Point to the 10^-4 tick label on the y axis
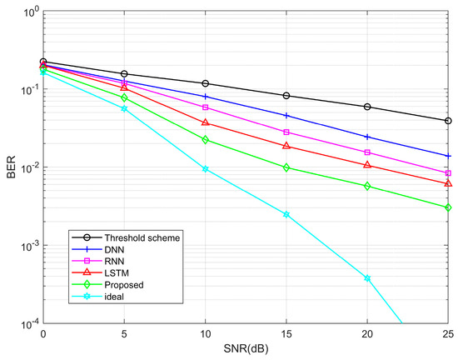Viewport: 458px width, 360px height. pyautogui.click(x=26, y=324)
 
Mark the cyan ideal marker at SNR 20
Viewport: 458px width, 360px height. pyautogui.click(x=367, y=278)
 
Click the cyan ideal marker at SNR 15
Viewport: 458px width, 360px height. pyautogui.click(x=286, y=215)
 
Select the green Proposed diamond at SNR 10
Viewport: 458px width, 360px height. pyautogui.click(x=205, y=140)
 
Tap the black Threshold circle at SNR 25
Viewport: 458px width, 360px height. pyautogui.click(x=448, y=121)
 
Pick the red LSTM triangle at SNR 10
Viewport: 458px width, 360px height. pyautogui.click(x=205, y=122)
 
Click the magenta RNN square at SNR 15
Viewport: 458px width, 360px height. pyautogui.click(x=286, y=132)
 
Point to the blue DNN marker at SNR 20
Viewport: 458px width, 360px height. pyautogui.click(x=367, y=137)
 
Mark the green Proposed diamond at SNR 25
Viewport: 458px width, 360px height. pyautogui.click(x=448, y=207)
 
